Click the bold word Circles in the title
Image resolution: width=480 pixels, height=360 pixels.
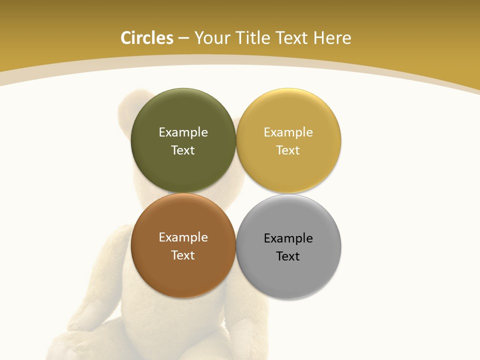click(x=147, y=38)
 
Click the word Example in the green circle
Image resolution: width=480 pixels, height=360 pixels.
click(x=183, y=132)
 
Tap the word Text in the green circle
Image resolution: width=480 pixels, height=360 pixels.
click(x=183, y=150)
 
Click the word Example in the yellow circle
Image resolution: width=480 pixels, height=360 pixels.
click(x=288, y=132)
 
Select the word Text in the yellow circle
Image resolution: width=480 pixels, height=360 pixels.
click(x=288, y=150)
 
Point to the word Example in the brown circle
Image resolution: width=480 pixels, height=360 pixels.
click(x=183, y=237)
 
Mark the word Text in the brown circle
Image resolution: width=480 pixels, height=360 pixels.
click(x=183, y=255)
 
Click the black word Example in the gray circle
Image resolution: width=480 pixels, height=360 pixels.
click(x=288, y=238)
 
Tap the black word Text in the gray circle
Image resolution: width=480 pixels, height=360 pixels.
click(x=288, y=256)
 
